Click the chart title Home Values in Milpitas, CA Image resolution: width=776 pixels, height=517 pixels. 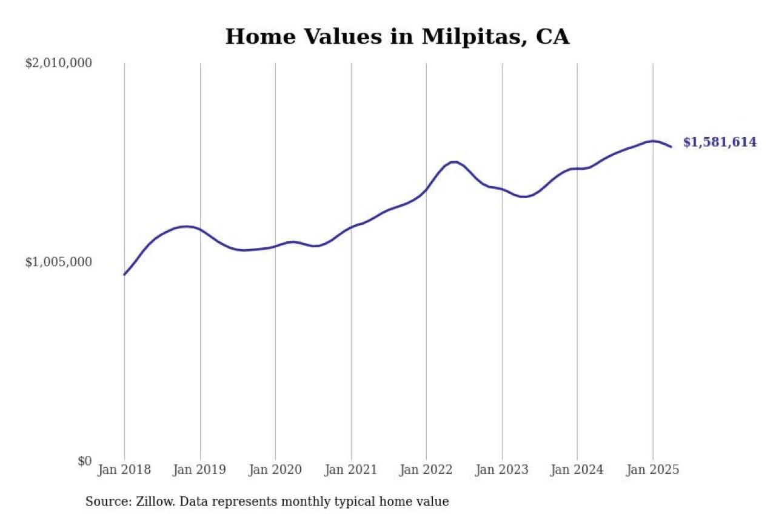pyautogui.click(x=397, y=37)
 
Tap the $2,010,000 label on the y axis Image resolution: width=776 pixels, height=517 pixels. pyautogui.click(x=58, y=63)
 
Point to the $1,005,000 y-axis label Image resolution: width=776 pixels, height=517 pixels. pyautogui.click(x=58, y=262)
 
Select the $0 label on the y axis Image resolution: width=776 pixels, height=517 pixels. pyautogui.click(x=84, y=461)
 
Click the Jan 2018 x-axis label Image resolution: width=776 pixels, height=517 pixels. pyautogui.click(x=124, y=470)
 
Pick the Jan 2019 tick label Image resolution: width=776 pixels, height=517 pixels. pyautogui.click(x=200, y=470)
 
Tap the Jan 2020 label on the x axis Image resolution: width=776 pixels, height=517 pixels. pyautogui.click(x=275, y=470)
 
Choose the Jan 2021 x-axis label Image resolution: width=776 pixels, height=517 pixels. pyautogui.click(x=351, y=470)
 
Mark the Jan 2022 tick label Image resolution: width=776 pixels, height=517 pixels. pyautogui.click(x=426, y=470)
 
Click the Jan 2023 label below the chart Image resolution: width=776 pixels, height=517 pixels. pyautogui.click(x=502, y=470)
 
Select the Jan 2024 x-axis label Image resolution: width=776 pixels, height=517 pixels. pyautogui.click(x=577, y=470)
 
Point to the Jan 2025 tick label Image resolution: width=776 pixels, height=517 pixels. pyautogui.click(x=653, y=470)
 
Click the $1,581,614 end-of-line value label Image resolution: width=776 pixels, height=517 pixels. pyautogui.click(x=720, y=142)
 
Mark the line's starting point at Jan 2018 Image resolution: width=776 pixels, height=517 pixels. pyautogui.click(x=125, y=275)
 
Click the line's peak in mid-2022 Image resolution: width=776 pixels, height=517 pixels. pyautogui.click(x=453, y=162)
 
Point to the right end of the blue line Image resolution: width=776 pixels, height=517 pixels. pyautogui.click(x=671, y=147)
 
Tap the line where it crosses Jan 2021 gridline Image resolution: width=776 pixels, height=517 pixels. pyautogui.click(x=351, y=227)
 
